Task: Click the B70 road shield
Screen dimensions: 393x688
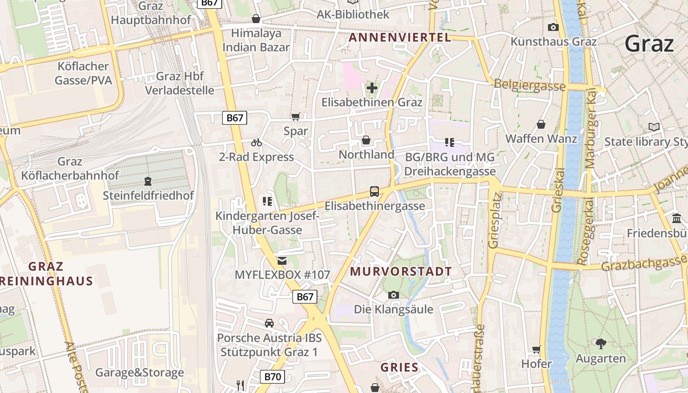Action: click(272, 377)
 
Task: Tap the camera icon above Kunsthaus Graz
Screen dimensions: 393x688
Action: click(553, 27)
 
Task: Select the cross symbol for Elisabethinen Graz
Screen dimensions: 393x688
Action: click(372, 88)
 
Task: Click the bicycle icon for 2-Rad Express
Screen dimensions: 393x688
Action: click(257, 142)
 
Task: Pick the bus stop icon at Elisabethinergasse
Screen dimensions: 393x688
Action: click(374, 191)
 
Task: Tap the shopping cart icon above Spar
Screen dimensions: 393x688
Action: click(295, 116)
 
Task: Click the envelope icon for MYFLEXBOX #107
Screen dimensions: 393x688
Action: click(282, 260)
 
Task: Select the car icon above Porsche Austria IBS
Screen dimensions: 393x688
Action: click(269, 323)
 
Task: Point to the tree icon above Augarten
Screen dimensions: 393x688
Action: click(601, 343)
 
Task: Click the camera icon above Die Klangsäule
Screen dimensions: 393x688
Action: click(393, 295)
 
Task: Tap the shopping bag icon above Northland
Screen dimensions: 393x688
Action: click(366, 140)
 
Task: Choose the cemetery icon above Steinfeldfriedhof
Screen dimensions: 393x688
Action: click(148, 181)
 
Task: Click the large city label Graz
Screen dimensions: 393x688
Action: click(649, 44)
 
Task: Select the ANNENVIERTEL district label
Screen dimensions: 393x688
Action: click(400, 38)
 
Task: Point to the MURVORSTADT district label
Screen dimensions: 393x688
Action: click(401, 271)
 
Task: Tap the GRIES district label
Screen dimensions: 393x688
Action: click(400, 367)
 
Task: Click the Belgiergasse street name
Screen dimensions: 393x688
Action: click(530, 85)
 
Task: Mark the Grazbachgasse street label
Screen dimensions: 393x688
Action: click(644, 265)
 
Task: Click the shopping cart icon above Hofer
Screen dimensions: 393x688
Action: click(536, 349)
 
